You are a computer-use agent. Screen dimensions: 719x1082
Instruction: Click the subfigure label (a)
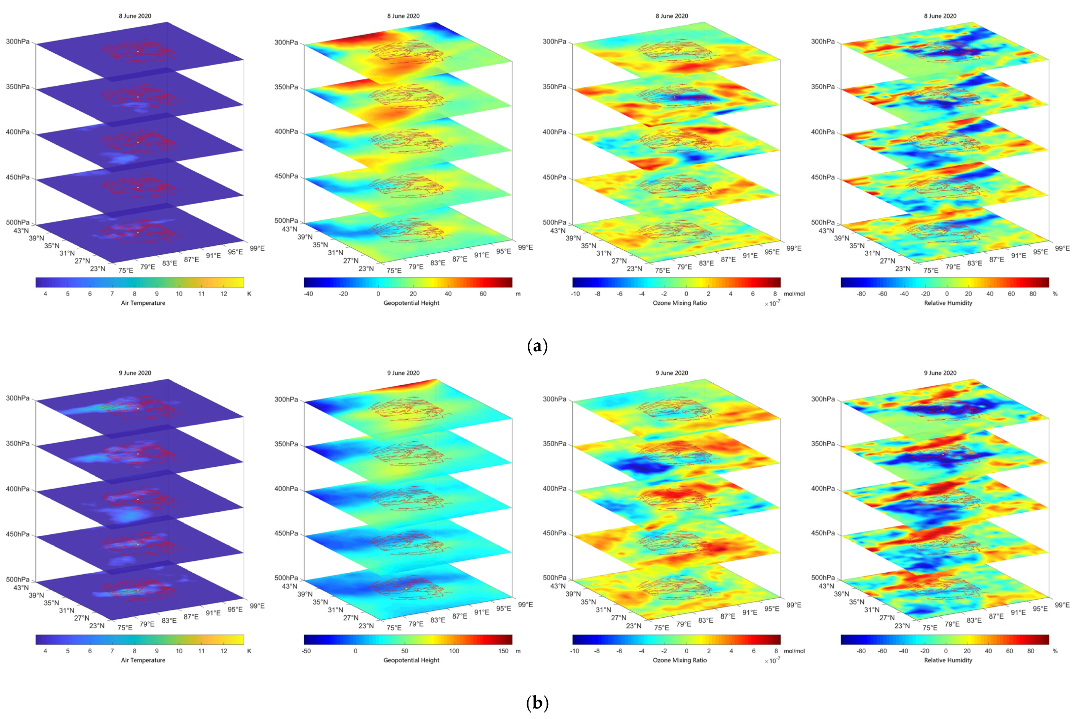537,346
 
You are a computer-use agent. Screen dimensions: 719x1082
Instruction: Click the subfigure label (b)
537,703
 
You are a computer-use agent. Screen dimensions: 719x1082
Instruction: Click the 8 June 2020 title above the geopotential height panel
403,16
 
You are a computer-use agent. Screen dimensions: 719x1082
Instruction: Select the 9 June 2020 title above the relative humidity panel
940,373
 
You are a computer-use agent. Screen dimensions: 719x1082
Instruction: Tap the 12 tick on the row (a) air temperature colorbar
224,294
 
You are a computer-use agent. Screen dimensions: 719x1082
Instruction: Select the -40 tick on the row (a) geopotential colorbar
309,294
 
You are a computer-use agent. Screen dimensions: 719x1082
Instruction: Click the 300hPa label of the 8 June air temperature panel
17,41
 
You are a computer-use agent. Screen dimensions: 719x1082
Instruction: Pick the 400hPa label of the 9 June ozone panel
554,489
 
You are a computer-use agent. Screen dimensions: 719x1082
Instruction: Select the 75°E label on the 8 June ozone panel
662,271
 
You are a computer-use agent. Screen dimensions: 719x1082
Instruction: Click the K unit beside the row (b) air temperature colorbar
249,651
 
